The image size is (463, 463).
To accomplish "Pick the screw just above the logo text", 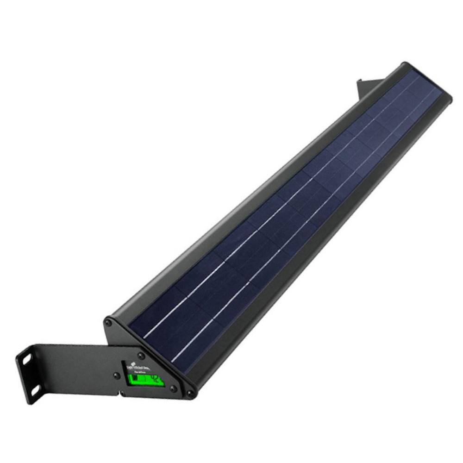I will (x=141, y=356).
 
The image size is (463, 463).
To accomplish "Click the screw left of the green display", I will (x=116, y=376).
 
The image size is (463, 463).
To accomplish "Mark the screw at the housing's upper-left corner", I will (x=108, y=321).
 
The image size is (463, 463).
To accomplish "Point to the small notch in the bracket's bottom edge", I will (x=122, y=395).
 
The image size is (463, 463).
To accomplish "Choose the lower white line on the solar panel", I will (x=278, y=259).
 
